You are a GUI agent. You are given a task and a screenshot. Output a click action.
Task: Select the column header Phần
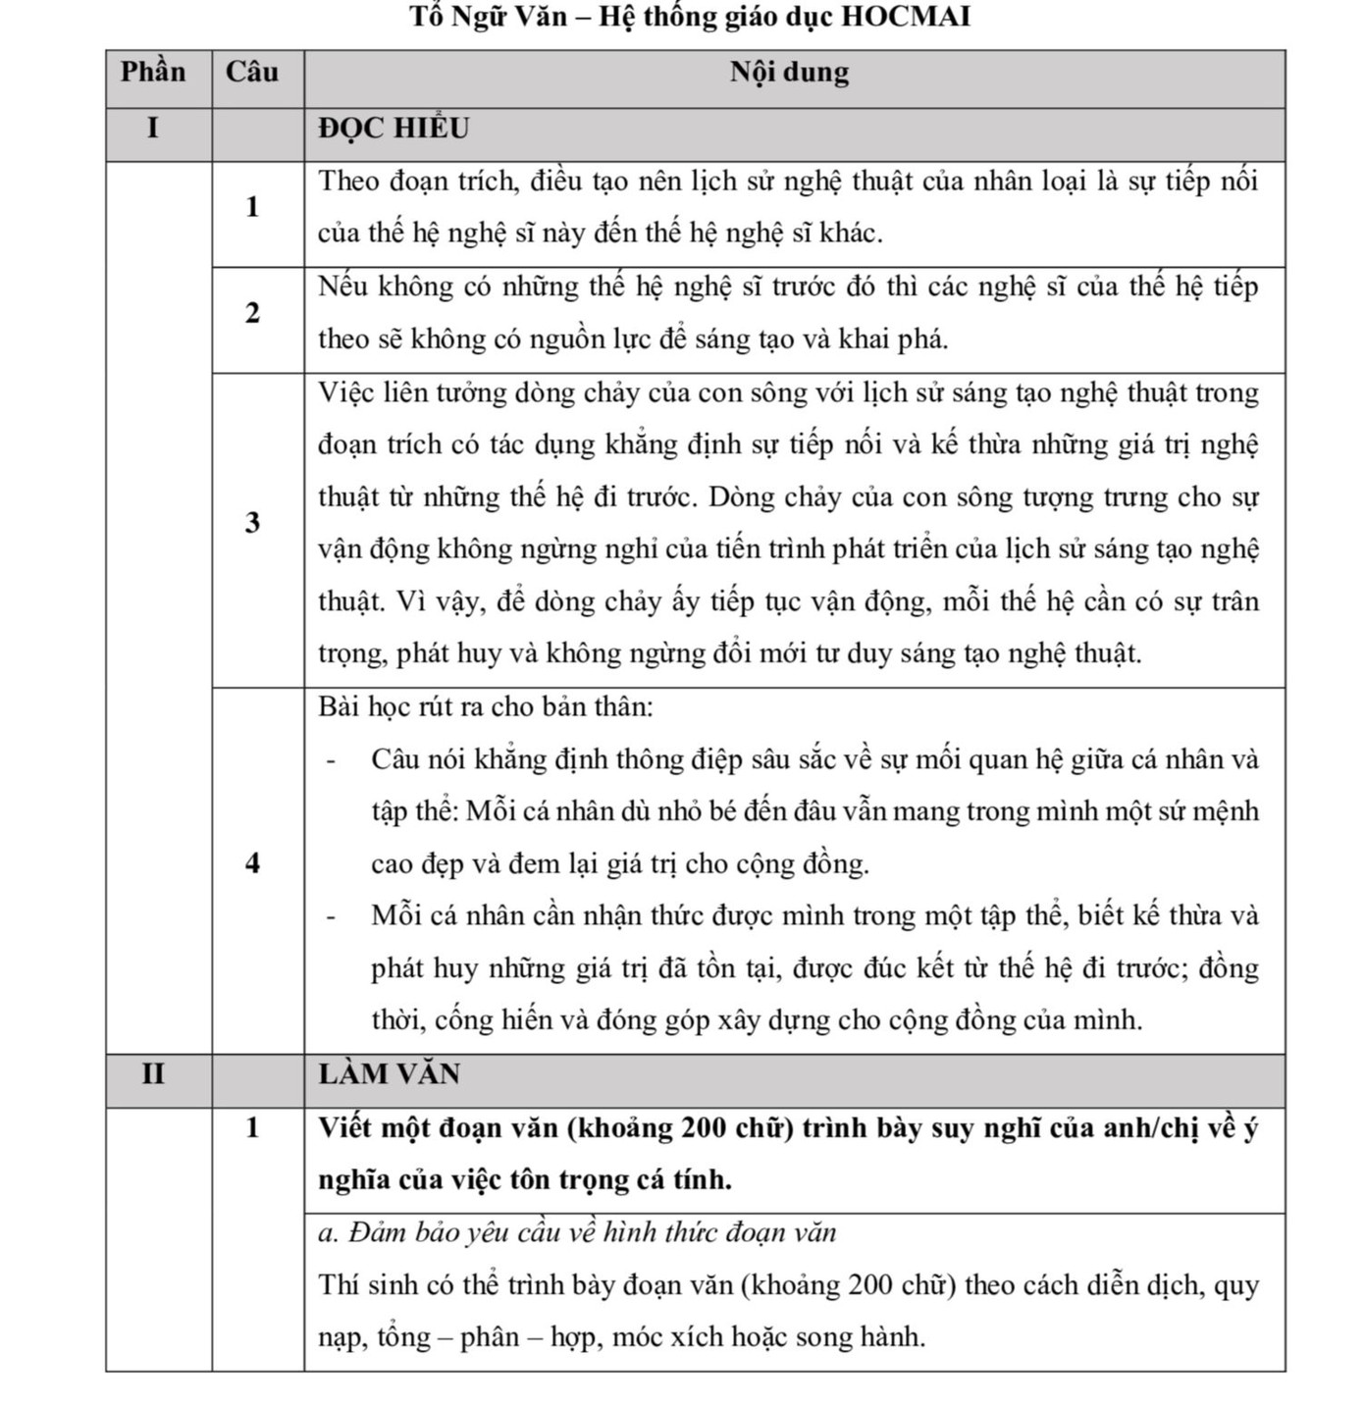pos(153,72)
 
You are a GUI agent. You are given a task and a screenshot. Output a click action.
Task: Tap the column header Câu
pos(252,72)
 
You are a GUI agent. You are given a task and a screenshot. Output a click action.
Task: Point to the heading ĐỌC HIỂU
pos(393,129)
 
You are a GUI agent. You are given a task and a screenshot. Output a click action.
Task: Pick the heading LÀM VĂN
pos(389,1073)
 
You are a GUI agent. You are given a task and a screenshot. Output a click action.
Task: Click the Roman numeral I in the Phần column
pos(152,129)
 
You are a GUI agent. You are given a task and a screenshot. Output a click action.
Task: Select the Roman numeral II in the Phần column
pos(152,1073)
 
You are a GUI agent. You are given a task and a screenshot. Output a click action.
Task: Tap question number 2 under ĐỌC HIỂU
pos(253,313)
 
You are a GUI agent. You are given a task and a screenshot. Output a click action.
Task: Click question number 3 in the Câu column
pos(253,522)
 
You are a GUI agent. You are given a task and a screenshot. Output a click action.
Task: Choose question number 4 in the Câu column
pos(253,862)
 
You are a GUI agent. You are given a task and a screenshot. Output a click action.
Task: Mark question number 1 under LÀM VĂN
pos(253,1127)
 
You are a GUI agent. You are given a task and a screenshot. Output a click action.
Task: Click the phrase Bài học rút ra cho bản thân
pos(485,706)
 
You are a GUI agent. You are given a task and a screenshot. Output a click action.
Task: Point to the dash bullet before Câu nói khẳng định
pos(331,760)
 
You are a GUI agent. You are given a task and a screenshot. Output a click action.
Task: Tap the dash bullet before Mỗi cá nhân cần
pos(331,916)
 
